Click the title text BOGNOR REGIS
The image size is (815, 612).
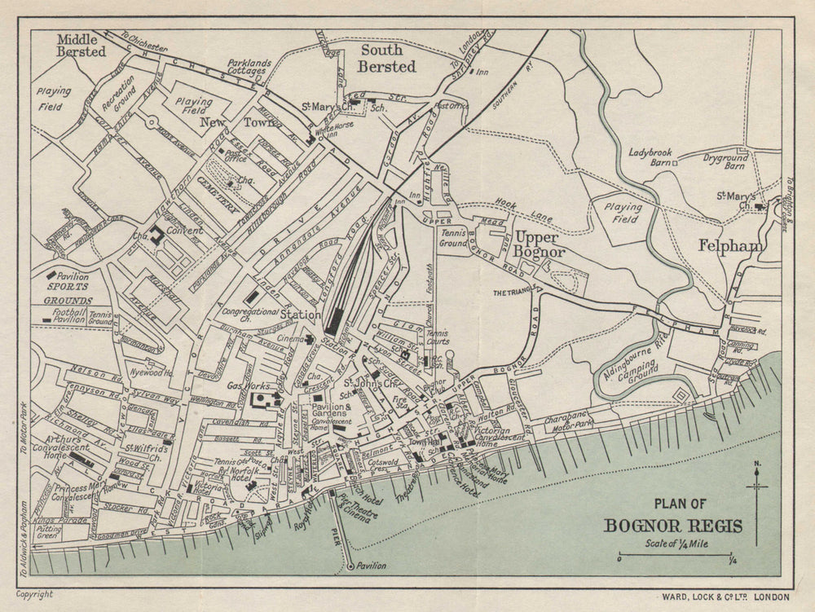point(672,525)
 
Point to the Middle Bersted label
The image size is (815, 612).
point(81,45)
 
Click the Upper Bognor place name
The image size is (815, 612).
point(535,245)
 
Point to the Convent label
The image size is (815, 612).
point(186,231)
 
